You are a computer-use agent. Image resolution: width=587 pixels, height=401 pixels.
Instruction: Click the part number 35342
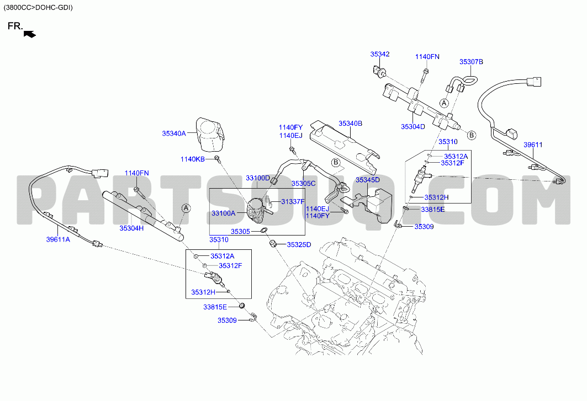point(379,54)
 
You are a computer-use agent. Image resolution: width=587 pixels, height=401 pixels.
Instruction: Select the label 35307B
point(471,62)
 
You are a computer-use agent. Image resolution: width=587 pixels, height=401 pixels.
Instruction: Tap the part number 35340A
point(174,133)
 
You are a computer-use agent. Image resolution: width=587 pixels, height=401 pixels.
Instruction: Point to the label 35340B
point(350,124)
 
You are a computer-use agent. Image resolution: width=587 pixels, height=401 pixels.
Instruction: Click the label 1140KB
point(192,159)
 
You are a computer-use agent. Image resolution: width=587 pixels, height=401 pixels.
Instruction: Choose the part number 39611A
point(58,239)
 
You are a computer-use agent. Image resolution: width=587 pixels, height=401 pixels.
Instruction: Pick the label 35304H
point(131,228)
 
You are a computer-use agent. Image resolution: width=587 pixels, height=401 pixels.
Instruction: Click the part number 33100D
point(257,178)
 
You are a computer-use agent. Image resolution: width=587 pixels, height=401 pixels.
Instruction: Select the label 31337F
point(293,202)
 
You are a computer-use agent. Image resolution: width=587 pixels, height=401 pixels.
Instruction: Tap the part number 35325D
point(299,245)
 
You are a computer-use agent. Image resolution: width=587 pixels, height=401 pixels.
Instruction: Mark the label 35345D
point(368,180)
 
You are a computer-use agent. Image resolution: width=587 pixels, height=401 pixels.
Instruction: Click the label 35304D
point(413,127)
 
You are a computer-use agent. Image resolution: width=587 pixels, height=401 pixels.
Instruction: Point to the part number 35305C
point(303,184)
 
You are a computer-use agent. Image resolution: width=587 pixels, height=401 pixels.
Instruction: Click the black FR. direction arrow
point(30,34)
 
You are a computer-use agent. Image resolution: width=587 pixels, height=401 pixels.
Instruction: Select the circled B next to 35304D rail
point(472,135)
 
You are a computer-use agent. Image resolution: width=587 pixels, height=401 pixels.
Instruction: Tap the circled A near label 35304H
point(186,208)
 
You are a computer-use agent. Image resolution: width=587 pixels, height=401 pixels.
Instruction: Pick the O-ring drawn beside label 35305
point(264,229)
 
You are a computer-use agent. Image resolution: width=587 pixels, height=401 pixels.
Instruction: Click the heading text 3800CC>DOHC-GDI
point(38,8)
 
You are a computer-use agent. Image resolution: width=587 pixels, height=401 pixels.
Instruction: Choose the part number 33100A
point(224,213)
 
